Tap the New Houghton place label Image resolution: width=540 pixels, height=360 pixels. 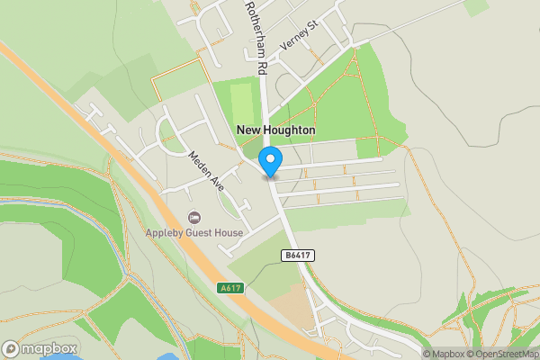point(275,130)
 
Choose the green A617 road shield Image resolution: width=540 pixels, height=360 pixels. point(230,288)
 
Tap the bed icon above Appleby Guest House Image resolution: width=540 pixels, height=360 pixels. point(193,217)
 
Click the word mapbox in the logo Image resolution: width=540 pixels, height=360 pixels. point(49,348)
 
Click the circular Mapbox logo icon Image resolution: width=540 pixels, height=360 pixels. point(12,348)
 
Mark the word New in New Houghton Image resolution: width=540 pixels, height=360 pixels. point(247,130)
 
